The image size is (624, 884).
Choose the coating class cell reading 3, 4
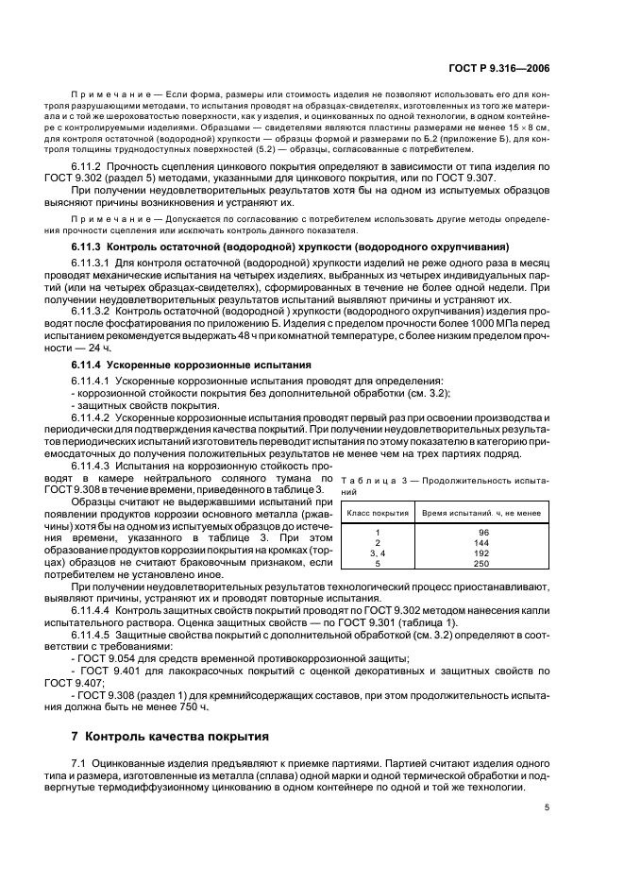(x=378, y=554)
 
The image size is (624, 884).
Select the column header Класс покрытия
(x=378, y=513)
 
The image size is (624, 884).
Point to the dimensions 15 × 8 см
(x=522, y=126)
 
